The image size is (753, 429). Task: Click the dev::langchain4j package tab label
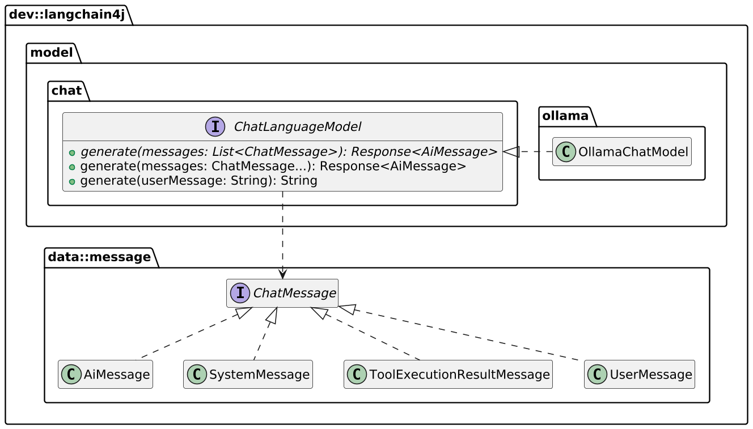pos(66,15)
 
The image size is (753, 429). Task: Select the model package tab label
pos(51,53)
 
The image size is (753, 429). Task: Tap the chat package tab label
pos(66,91)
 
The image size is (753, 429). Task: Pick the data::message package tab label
pos(99,257)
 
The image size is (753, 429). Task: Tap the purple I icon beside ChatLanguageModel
pos(221,126)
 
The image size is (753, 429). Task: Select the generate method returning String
pos(198,181)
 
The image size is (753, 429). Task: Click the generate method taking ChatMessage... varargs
pos(273,166)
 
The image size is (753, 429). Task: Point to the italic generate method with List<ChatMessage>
pos(289,151)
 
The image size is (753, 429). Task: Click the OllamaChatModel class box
pos(621,151)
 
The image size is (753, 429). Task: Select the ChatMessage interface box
pos(282,293)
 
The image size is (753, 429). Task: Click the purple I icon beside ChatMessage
pos(240,293)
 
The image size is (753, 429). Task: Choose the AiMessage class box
pos(105,374)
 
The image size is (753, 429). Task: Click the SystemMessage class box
pos(248,374)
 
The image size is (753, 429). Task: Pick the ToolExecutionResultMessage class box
pos(448,374)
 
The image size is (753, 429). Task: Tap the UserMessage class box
pos(639,374)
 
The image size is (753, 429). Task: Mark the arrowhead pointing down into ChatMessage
pos(282,274)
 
